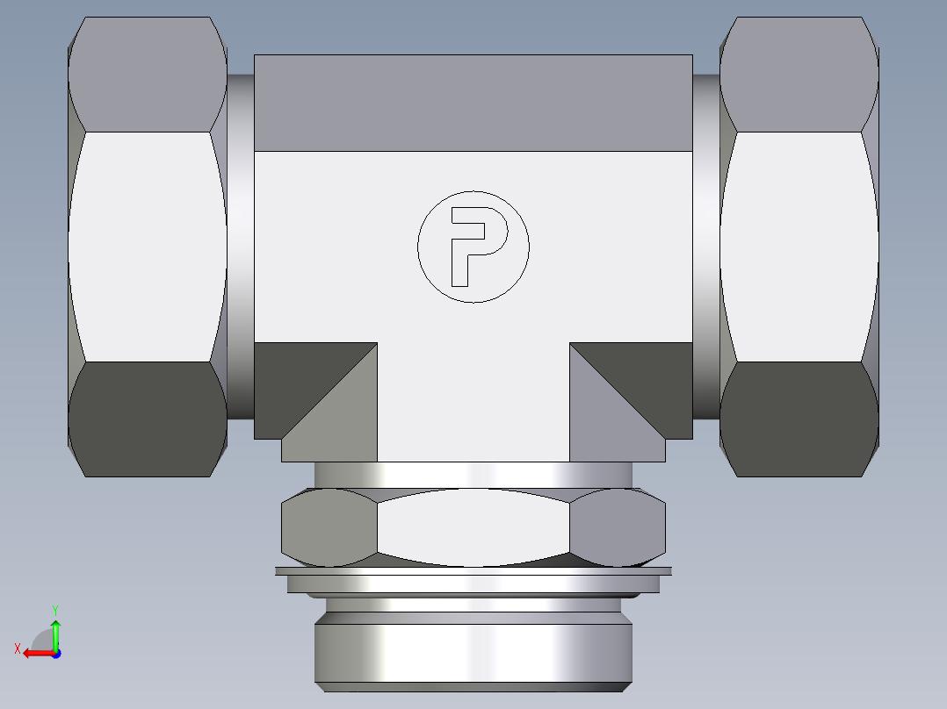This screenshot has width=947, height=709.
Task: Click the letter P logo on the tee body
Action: click(x=473, y=247)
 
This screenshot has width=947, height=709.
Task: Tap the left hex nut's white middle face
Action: click(x=148, y=246)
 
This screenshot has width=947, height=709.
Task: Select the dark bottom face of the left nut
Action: click(x=148, y=419)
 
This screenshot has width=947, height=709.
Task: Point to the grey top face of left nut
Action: click(x=148, y=75)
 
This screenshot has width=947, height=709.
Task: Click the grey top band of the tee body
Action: click(x=473, y=103)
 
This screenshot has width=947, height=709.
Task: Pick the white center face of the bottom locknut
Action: click(x=473, y=526)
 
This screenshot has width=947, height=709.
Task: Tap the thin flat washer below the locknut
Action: click(x=473, y=571)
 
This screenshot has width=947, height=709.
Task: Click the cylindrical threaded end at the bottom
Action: click(x=473, y=654)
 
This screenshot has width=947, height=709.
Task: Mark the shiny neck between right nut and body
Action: click(x=705, y=246)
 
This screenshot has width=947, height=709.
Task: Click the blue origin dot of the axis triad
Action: click(x=55, y=653)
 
